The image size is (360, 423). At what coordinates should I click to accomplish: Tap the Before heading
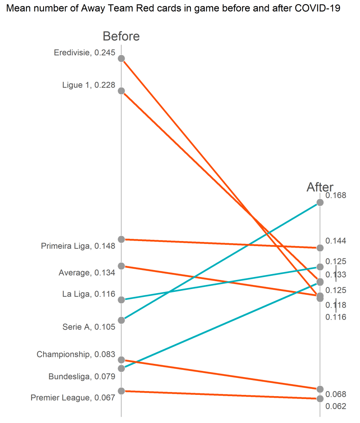(121, 36)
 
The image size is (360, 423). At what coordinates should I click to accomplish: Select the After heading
(320, 187)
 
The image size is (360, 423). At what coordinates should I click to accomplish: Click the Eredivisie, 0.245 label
(84, 53)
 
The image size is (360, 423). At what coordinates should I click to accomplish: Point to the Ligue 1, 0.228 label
(89, 85)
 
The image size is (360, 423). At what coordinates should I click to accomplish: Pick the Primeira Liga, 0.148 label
(78, 246)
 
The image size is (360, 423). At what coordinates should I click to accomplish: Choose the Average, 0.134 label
(87, 272)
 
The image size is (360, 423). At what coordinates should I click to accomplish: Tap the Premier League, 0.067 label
(73, 397)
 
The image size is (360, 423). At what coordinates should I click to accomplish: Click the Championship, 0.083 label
(76, 354)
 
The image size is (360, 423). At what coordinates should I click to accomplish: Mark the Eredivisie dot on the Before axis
(121, 58)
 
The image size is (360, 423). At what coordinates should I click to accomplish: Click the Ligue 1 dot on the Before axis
(121, 91)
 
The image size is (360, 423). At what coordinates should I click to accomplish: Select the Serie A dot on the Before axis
(121, 320)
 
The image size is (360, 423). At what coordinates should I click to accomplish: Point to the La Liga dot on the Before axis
(121, 299)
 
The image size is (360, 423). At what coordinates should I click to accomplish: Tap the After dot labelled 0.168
(320, 202)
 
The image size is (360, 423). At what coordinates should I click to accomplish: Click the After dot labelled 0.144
(320, 248)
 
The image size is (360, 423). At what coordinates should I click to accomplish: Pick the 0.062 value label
(336, 406)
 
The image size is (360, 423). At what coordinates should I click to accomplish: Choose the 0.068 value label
(336, 394)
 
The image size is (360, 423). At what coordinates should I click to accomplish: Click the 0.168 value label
(336, 195)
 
